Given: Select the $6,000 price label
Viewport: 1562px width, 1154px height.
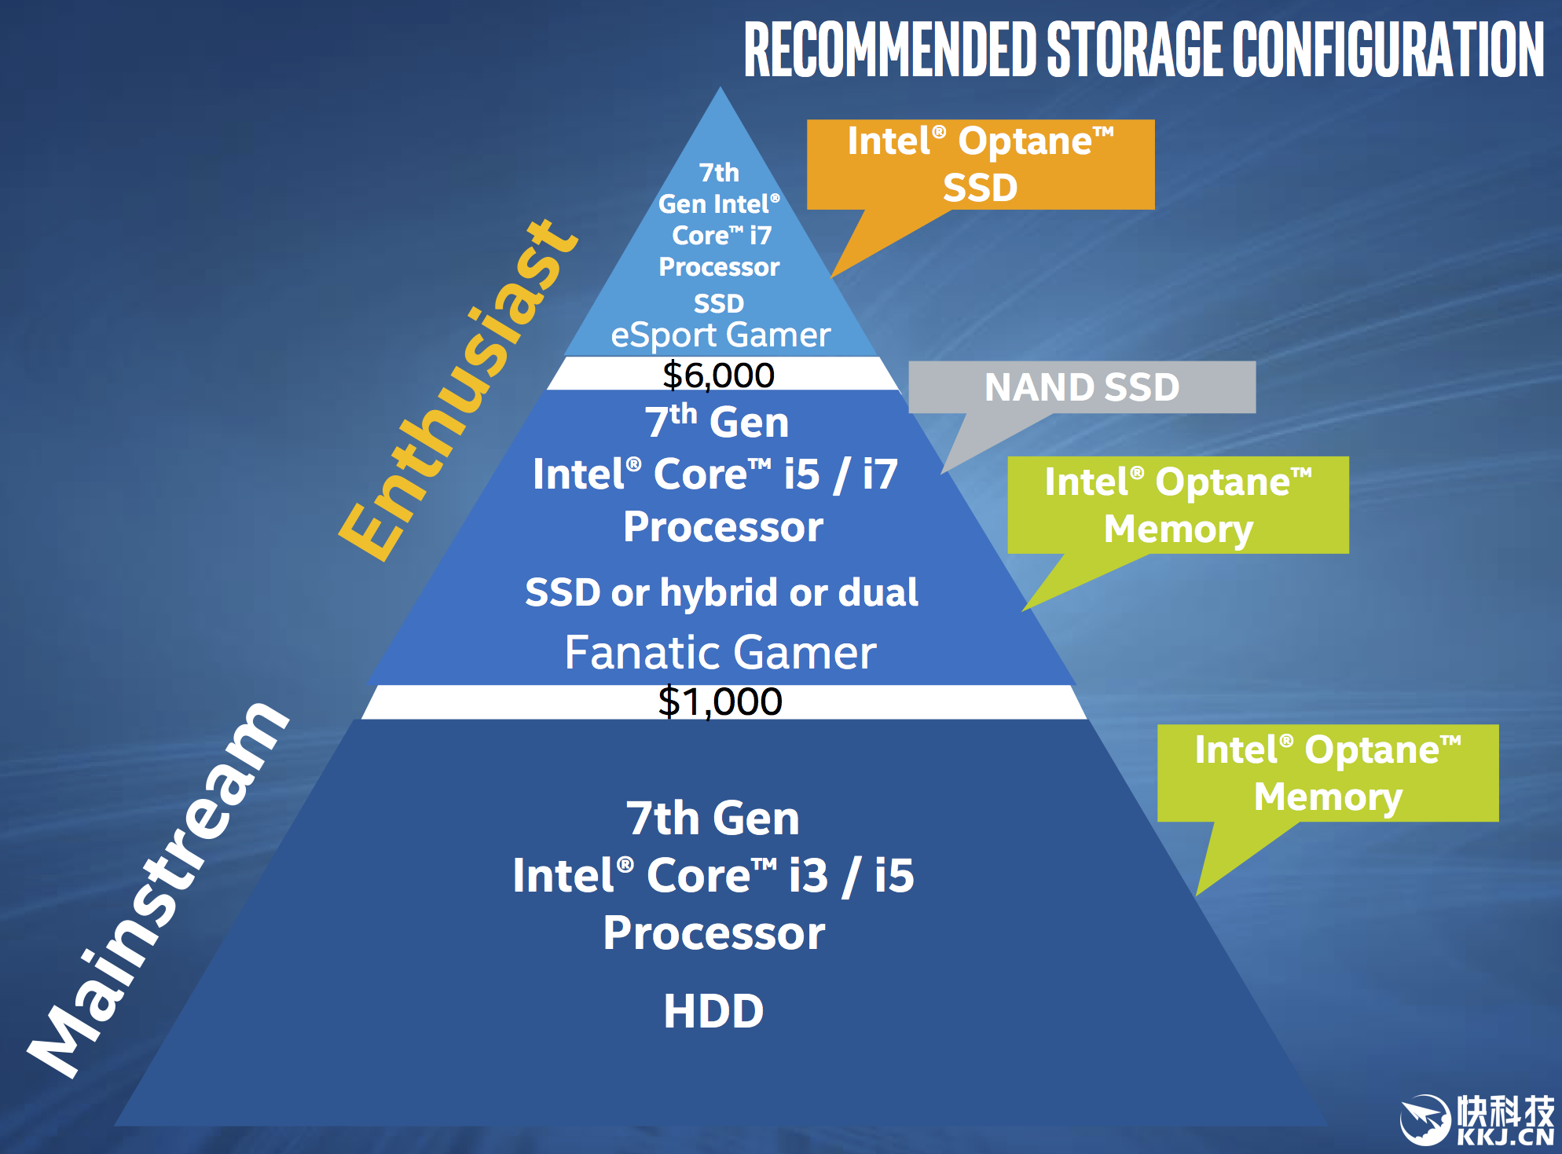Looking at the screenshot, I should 718,375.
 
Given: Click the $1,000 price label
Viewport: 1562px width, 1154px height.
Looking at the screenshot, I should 720,702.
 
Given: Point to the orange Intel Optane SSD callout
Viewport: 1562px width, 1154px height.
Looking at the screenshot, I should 980,164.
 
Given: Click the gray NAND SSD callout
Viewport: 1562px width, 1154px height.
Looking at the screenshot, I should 1081,387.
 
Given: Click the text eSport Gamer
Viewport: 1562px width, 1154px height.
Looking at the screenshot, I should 720,335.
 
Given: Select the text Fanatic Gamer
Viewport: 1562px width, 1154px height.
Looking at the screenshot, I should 720,652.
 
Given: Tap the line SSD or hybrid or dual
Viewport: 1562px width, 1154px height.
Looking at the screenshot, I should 721,592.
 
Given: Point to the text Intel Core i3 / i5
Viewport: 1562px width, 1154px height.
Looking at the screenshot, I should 713,875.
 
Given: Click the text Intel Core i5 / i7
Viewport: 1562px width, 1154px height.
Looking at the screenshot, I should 715,474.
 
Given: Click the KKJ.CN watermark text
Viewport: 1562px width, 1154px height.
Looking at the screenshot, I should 1504,1137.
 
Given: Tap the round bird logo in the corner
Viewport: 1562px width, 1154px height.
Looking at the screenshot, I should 1424,1119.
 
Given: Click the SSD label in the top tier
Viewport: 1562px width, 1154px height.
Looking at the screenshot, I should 718,303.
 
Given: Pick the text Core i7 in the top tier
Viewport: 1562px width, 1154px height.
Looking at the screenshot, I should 721,235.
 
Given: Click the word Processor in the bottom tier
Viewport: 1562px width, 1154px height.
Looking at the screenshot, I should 713,933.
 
